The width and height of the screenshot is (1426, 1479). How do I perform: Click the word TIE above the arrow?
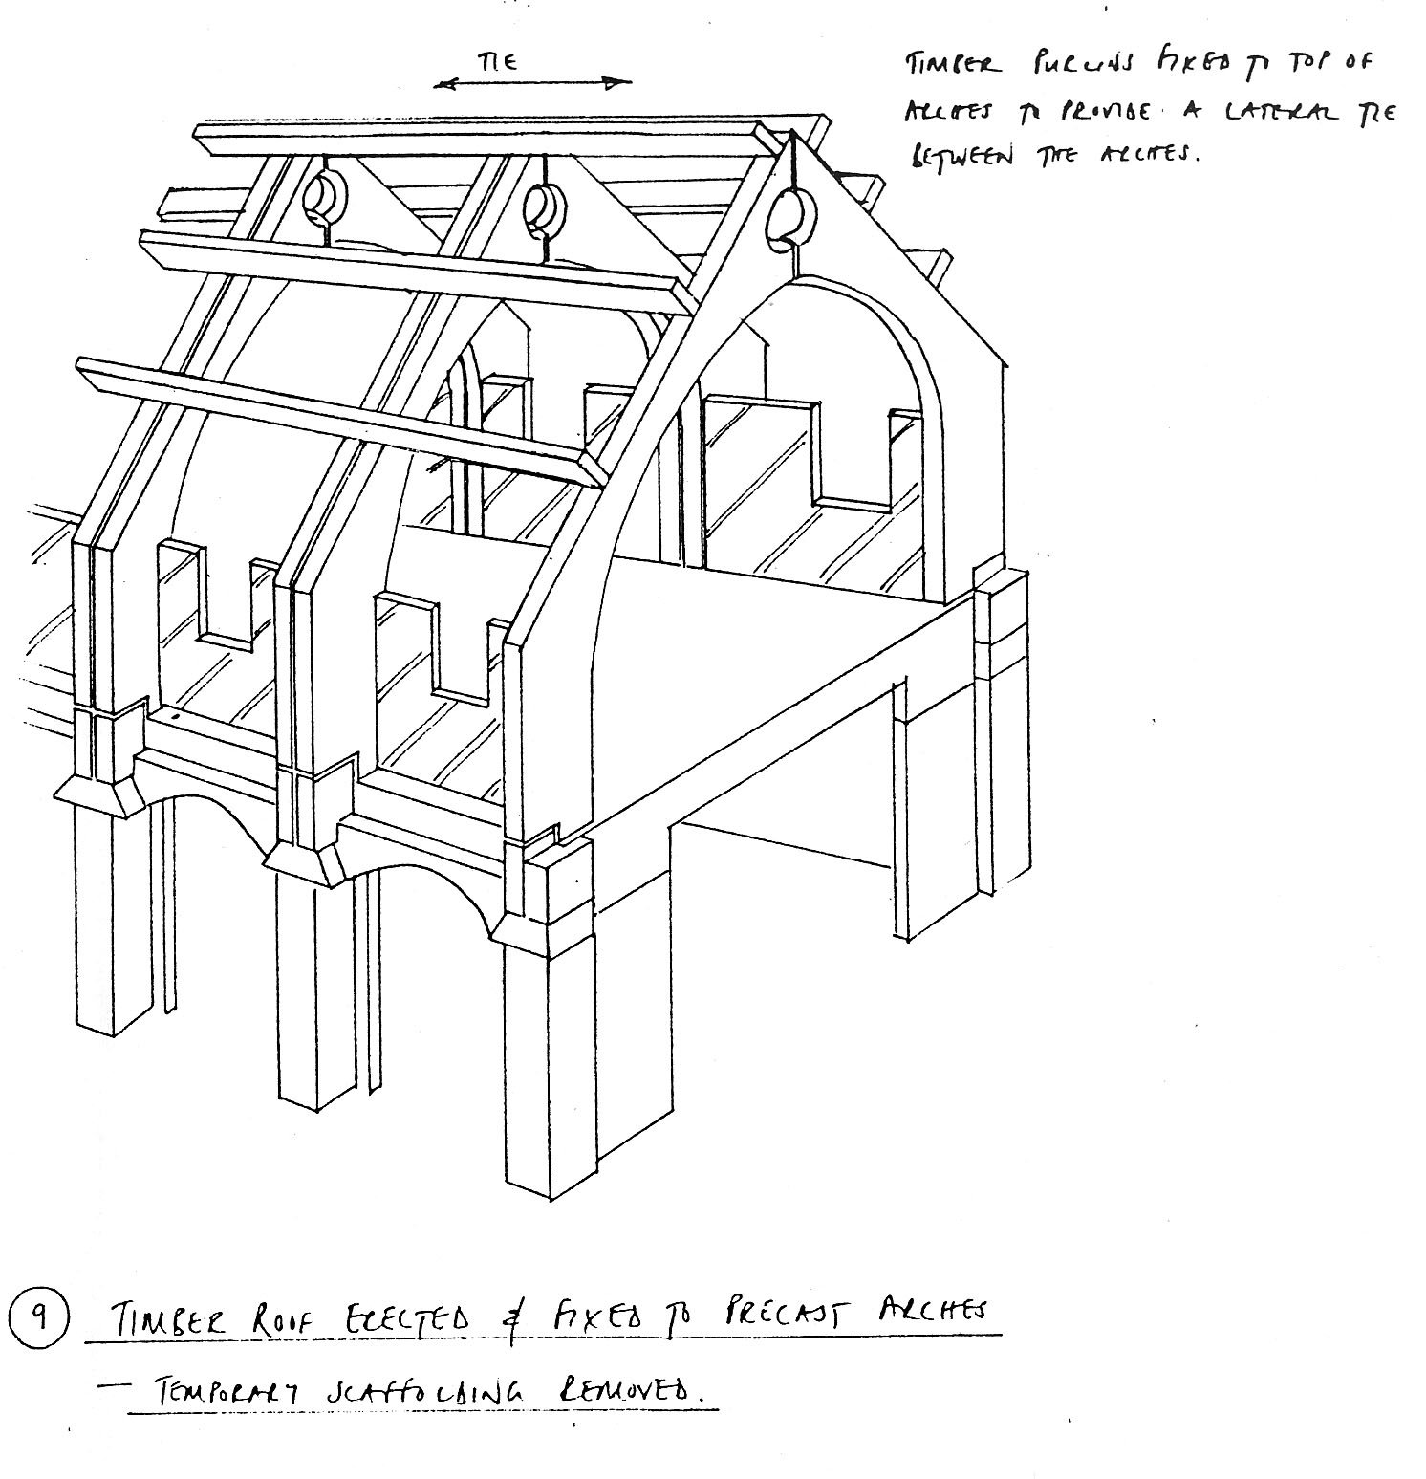[x=498, y=62]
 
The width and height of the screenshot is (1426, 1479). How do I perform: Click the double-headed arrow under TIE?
[x=532, y=83]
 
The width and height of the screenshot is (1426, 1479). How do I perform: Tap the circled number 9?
[x=37, y=1319]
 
